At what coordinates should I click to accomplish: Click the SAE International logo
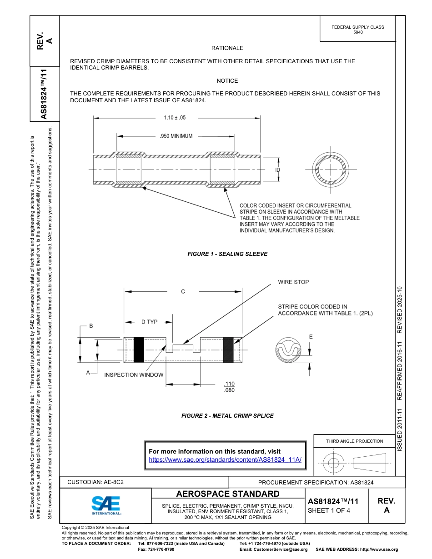tap(106, 505)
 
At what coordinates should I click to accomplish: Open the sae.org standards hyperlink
tap(225, 459)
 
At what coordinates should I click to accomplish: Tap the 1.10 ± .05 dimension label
tap(175, 118)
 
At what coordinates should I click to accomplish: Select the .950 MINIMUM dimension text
tap(176, 136)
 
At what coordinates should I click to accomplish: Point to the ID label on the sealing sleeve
tap(277, 170)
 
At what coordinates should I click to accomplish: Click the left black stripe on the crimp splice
tap(139, 349)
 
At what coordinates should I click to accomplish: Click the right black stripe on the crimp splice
tap(228, 349)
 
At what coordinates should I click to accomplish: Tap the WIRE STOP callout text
tap(293, 282)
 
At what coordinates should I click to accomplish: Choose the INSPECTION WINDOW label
tap(134, 375)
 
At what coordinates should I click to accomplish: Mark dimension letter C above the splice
tap(183, 292)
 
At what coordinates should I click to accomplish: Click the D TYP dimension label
tap(149, 322)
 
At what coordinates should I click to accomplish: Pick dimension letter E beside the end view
tap(311, 337)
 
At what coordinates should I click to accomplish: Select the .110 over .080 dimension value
tap(230, 387)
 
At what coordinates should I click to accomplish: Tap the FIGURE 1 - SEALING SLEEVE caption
tap(227, 254)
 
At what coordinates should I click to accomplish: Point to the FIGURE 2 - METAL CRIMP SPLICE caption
tap(227, 415)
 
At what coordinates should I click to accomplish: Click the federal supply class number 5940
tap(358, 33)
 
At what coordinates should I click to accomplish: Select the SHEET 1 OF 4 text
tap(329, 510)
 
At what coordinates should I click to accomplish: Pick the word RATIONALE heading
tap(227, 48)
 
